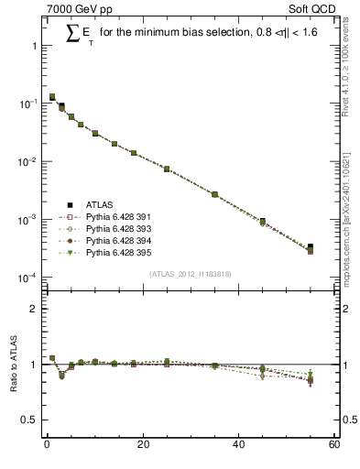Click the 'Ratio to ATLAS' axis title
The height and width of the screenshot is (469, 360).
click(12, 366)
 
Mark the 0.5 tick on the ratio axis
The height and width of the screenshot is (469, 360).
click(32, 420)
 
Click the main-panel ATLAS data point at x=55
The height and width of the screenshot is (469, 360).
click(311, 247)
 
